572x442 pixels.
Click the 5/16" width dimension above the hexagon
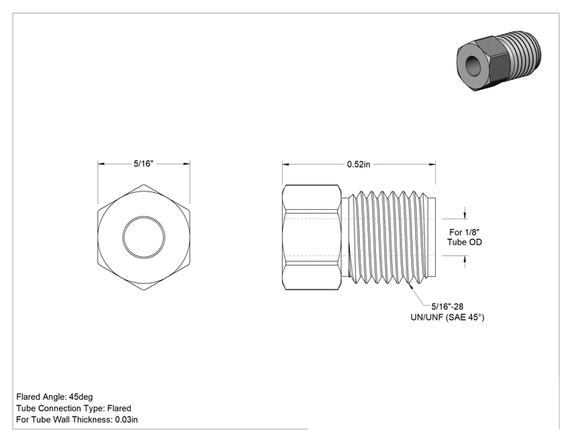[143, 164]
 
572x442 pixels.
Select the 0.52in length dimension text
[358, 165]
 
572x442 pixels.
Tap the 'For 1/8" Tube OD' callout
[464, 237]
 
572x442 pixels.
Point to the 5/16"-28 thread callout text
[447, 307]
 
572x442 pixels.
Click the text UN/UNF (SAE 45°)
[447, 317]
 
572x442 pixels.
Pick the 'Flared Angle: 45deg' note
[55, 397]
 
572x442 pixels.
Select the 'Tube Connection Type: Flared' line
[74, 408]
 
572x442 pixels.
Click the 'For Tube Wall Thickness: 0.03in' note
[77, 420]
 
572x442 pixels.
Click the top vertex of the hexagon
[144, 184]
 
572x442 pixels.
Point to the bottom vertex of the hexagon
[144, 290]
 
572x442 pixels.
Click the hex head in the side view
[311, 238]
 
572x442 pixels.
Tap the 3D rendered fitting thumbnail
[499, 61]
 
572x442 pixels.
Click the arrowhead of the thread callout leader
[411, 286]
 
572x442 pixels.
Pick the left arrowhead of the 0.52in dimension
[286, 165]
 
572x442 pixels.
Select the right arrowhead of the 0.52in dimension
[432, 165]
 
